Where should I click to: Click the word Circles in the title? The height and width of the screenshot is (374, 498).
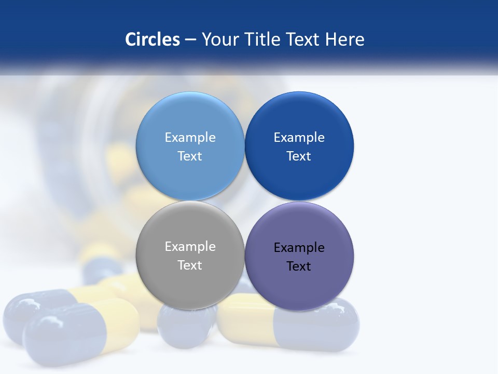152,39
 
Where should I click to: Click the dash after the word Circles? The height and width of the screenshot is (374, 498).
190,40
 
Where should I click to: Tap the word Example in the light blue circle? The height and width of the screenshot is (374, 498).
190,137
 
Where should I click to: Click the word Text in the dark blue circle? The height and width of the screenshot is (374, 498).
299,156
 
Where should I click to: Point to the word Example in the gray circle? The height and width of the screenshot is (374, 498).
190,246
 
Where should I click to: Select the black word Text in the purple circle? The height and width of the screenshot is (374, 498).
299,266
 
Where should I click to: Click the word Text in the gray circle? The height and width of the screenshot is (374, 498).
190,265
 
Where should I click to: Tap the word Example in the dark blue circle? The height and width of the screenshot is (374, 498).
299,137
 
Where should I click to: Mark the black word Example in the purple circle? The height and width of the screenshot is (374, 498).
299,247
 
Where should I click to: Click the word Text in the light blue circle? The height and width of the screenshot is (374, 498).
190,156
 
